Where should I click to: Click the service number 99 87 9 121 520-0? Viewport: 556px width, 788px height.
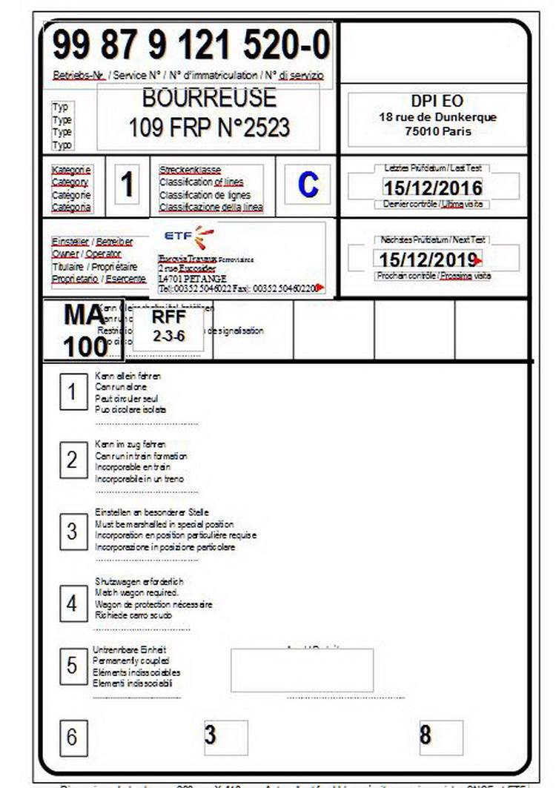tap(191, 46)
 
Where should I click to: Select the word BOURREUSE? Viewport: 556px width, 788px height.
tap(208, 97)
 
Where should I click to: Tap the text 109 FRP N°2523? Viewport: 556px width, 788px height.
tap(208, 128)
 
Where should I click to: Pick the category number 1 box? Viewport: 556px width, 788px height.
tap(128, 185)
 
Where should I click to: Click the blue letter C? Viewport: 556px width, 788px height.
tap(308, 185)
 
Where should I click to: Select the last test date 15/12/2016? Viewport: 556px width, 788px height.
tap(432, 187)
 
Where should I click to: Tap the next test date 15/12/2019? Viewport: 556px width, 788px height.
tap(427, 259)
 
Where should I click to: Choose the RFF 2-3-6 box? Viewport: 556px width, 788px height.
tap(168, 326)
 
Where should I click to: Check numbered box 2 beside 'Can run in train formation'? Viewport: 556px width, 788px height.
tap(72, 460)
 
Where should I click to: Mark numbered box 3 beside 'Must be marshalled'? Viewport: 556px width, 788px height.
tap(72, 531)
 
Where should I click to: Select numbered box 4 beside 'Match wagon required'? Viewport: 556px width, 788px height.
tap(72, 603)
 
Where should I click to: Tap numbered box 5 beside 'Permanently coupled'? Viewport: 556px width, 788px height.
tap(72, 665)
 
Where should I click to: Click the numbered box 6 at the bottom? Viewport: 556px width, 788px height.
tap(72, 738)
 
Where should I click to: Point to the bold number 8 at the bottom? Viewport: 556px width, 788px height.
tap(425, 735)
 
